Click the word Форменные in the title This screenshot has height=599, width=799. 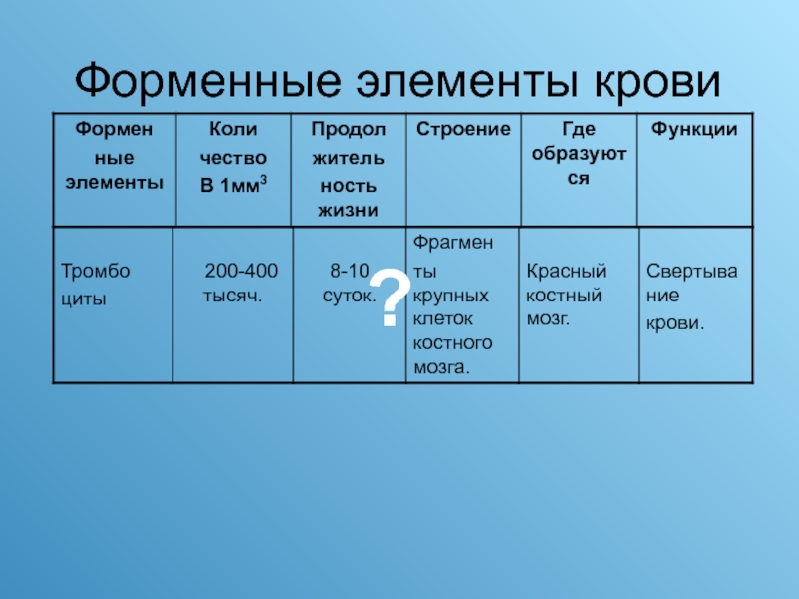[208, 81]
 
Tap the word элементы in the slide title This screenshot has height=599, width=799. [467, 82]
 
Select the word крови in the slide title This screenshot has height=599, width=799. [658, 83]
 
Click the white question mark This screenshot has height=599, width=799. [390, 298]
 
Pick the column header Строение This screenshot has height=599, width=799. [463, 130]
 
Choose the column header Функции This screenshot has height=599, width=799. [694, 130]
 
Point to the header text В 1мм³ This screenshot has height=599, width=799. [233, 185]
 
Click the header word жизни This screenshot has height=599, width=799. [348, 210]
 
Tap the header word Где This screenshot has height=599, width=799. [579, 130]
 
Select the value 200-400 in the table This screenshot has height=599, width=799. [241, 271]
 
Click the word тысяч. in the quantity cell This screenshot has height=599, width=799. [232, 296]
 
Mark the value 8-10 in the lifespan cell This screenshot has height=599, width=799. [349, 271]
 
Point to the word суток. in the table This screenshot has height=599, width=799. [349, 296]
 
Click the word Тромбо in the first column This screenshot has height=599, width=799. [95, 271]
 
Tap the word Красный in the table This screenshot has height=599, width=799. [566, 271]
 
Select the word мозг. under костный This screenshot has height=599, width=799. [548, 319]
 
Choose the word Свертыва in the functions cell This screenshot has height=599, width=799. [691, 272]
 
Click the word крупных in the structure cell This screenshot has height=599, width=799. [451, 296]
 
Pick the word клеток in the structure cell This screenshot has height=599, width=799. [442, 319]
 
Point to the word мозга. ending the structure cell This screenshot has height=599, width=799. [441, 367]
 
